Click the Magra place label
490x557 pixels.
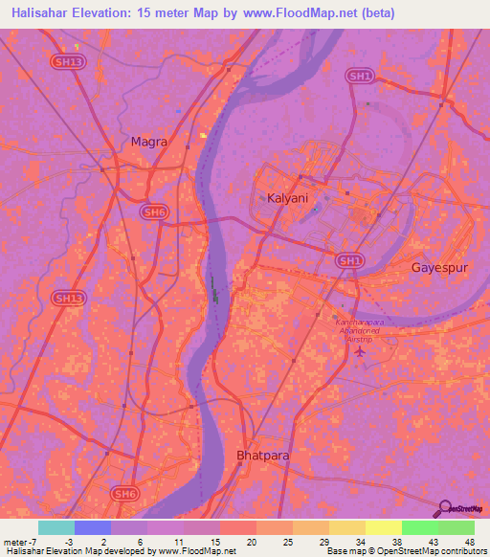click(x=148, y=142)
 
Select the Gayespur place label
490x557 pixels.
click(x=439, y=267)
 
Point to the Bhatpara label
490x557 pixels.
click(x=262, y=456)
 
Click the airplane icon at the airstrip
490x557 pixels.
click(x=360, y=351)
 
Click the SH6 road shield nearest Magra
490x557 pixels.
click(x=153, y=212)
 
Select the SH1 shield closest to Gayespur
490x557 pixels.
click(x=348, y=259)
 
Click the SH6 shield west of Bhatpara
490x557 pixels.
click(x=123, y=493)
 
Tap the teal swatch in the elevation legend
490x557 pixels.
click(x=56, y=527)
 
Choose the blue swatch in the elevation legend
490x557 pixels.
click(x=93, y=527)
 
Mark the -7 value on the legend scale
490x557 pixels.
click(x=32, y=542)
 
